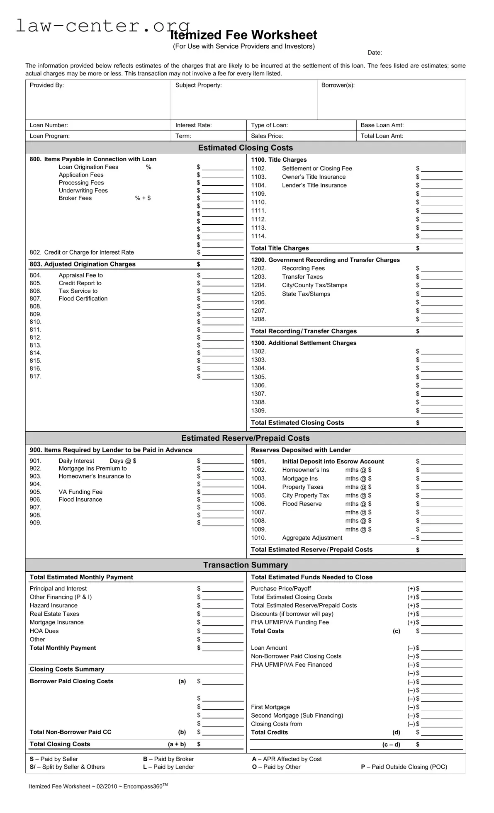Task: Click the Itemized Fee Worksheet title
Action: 243,35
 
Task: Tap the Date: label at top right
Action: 374,53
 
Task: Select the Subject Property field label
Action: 198,85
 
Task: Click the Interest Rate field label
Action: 193,125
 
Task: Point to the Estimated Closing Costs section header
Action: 245,148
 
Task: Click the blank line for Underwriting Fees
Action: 222,191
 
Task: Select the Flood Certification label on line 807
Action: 83,299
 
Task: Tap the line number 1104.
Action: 258,185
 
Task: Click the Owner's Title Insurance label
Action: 314,177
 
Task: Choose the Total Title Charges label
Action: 280,248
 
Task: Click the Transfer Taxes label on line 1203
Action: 302,277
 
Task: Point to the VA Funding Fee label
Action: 80,492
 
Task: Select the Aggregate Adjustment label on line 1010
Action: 312,538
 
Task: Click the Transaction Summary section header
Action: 245,565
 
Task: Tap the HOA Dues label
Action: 44,631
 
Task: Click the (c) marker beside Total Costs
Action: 396,631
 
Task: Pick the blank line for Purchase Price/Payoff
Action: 441,589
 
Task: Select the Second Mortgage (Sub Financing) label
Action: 297,716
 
